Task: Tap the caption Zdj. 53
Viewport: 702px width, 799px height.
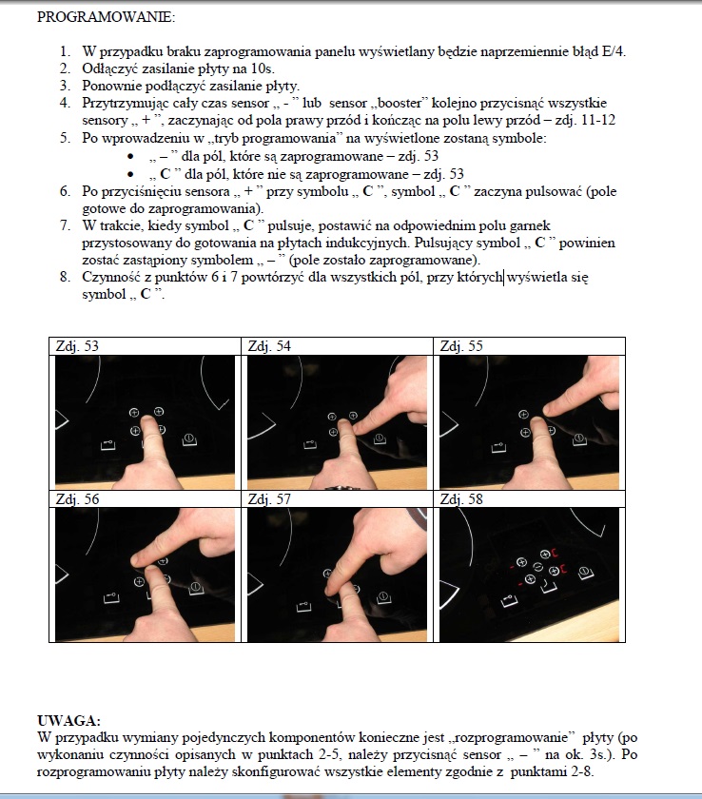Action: coord(78,346)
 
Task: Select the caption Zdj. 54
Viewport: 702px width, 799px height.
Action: coord(269,346)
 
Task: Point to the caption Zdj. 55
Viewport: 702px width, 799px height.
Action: coord(461,346)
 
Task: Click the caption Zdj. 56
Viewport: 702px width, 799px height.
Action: coord(78,498)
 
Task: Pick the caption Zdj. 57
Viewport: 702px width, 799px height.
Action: coord(269,498)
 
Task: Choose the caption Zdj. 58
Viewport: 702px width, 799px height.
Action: coord(461,498)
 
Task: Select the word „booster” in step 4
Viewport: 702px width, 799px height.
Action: coord(405,103)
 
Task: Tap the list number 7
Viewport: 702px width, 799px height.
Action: coord(65,226)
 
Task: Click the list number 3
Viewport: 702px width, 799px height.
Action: coord(65,86)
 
